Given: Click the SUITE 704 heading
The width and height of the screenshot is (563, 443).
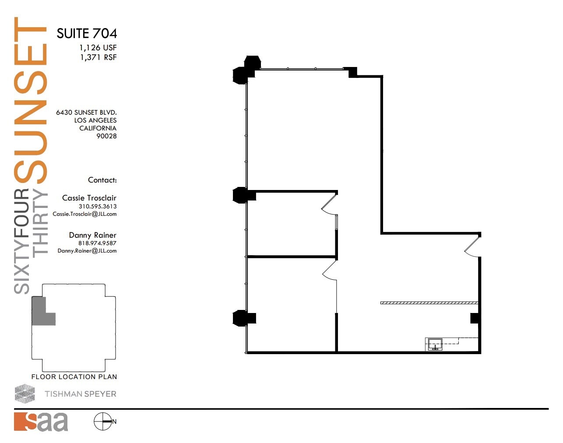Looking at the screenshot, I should [87, 33].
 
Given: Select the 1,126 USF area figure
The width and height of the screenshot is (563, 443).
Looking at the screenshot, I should [98, 47].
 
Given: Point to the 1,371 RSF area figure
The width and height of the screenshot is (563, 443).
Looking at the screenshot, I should [98, 57].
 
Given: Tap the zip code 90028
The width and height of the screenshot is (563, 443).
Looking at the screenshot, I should [106, 136].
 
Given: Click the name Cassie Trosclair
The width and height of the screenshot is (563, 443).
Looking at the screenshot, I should [89, 198].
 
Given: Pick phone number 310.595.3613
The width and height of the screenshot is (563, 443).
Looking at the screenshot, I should [97, 206].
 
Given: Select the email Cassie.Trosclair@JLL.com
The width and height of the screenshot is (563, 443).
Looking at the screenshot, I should [84, 214].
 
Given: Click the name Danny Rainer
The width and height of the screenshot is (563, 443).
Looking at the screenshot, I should [92, 235].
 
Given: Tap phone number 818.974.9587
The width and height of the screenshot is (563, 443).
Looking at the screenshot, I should [97, 243].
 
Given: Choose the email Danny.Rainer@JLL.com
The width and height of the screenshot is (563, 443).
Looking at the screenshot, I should [87, 251].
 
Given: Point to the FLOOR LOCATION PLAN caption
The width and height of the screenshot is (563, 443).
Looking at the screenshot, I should [74, 376].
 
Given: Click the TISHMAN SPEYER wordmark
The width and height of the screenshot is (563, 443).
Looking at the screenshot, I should [80, 394].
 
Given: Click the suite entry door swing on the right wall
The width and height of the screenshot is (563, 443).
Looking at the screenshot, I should [473, 246].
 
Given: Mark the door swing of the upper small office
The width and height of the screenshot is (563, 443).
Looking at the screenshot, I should [330, 204].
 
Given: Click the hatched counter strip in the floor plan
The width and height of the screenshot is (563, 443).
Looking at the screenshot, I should [429, 302].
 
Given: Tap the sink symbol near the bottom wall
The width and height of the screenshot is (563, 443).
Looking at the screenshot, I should [435, 344].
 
